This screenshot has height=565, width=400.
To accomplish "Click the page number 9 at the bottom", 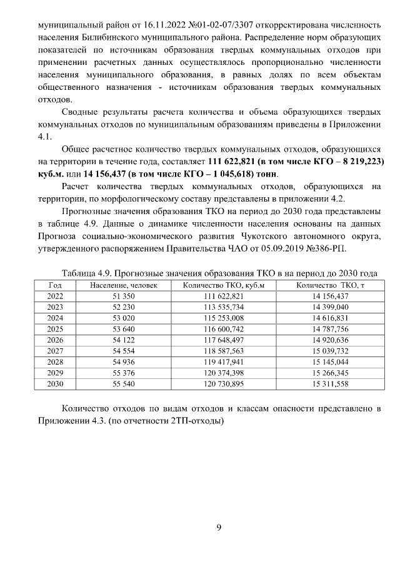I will (219, 528).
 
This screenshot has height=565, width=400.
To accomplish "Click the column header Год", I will (55, 285).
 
